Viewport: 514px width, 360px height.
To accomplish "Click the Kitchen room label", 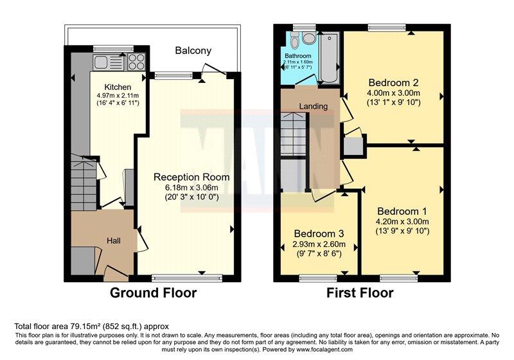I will coord(119,87).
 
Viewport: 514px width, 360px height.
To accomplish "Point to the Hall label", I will coord(113,240).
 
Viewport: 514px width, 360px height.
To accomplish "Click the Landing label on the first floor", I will coord(313,106).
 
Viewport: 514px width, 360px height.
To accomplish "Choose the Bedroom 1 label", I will coord(402,211).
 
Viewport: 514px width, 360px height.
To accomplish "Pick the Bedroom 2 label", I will coord(394,82).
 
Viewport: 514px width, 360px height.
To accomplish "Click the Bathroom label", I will coord(297,56).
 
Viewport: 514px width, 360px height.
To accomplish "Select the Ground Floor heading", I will coord(153,293).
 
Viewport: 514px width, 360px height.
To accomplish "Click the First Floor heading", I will coord(360,293).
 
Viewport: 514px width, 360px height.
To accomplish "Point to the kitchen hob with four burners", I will coord(137,61).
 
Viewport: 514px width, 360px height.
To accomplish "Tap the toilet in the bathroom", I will coord(294,41).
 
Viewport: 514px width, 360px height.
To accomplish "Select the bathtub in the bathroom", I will coord(328,59).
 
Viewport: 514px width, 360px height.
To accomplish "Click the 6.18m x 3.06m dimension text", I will coord(191,188).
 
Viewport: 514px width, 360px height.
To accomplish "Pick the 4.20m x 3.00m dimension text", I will coord(402,222).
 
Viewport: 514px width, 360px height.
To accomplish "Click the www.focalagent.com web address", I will coord(325,350).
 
